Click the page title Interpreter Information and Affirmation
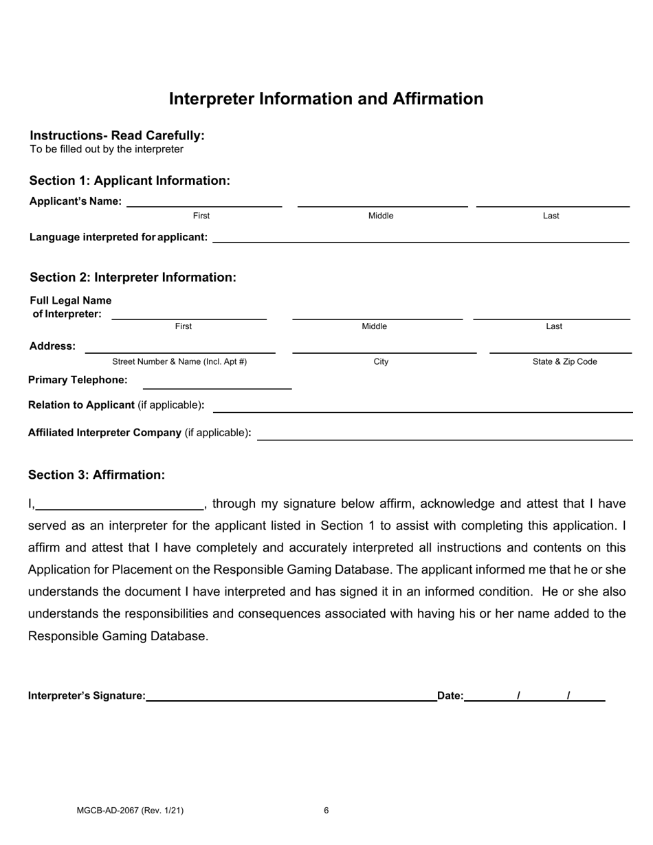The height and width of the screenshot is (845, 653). point(326,99)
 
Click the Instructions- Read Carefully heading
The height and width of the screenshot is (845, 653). point(117,135)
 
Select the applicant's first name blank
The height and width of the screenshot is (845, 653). point(204,201)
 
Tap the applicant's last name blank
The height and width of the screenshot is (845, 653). point(553,201)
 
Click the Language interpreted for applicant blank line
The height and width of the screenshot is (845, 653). point(421,237)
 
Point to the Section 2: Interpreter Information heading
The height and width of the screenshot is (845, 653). point(133,278)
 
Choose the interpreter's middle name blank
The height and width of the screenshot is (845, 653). point(377,313)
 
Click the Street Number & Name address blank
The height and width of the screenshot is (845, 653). point(179,348)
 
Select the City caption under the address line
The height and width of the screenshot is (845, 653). point(381,362)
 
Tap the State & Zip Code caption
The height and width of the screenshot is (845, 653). point(564,362)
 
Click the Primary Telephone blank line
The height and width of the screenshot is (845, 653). point(217,383)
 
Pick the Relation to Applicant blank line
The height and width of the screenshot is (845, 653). point(423,406)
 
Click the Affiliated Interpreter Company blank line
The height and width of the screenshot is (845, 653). point(445,433)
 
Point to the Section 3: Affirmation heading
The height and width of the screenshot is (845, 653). point(96,475)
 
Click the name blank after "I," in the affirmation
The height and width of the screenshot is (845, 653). point(120,504)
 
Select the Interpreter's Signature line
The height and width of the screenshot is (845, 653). point(291,695)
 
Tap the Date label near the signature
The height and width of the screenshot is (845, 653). point(450,696)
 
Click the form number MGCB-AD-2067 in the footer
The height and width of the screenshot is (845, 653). point(130,811)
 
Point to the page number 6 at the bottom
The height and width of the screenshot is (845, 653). point(326,811)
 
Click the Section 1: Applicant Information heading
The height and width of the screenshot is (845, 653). point(129,181)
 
